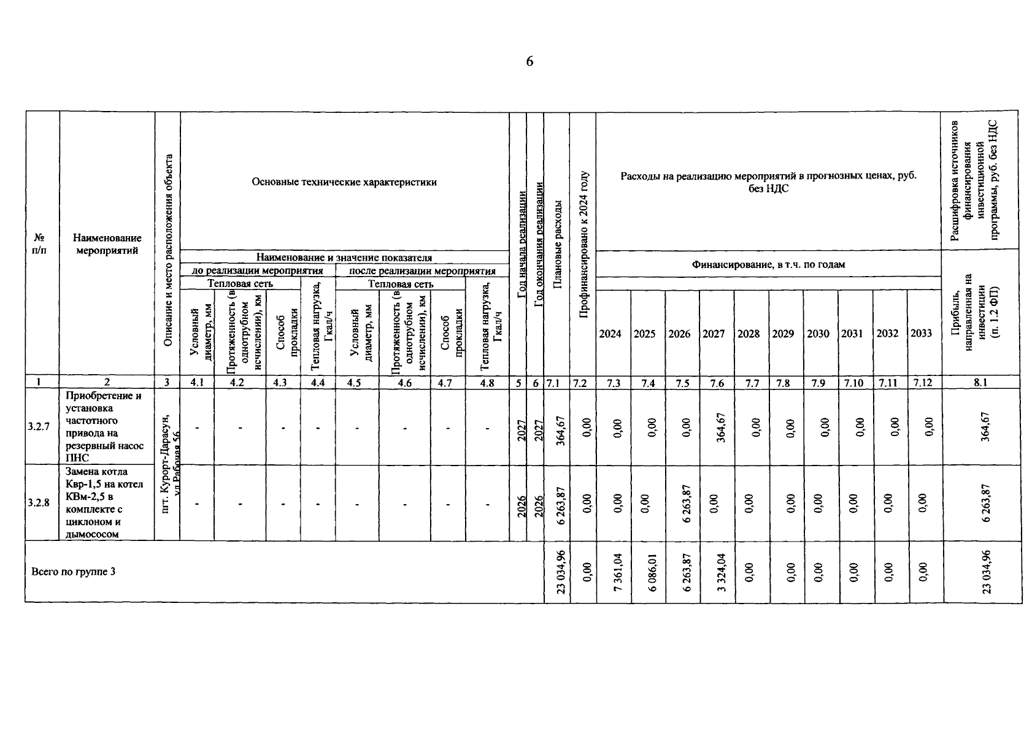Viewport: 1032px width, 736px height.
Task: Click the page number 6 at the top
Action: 529,61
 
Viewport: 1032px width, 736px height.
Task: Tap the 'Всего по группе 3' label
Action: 73,572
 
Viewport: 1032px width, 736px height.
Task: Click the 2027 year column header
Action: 714,334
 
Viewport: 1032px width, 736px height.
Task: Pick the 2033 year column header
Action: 921,333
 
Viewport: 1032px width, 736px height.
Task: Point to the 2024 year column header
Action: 610,334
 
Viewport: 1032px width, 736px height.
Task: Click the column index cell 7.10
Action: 853,383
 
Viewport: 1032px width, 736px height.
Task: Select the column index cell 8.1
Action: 980,383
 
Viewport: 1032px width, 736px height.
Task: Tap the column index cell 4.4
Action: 318,383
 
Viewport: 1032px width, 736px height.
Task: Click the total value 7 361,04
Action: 618,572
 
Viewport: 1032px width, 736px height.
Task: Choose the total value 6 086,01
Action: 652,572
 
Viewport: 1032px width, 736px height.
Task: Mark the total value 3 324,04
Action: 722,572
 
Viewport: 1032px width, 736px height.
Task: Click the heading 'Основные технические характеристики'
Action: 344,182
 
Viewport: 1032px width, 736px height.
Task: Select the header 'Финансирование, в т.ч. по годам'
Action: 768,264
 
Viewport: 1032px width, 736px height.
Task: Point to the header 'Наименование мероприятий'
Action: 107,244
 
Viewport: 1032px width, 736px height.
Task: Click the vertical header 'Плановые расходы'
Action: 557,243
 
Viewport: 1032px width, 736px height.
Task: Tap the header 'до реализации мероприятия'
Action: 257,271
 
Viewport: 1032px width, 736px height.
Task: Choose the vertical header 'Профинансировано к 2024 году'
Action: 583,243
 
